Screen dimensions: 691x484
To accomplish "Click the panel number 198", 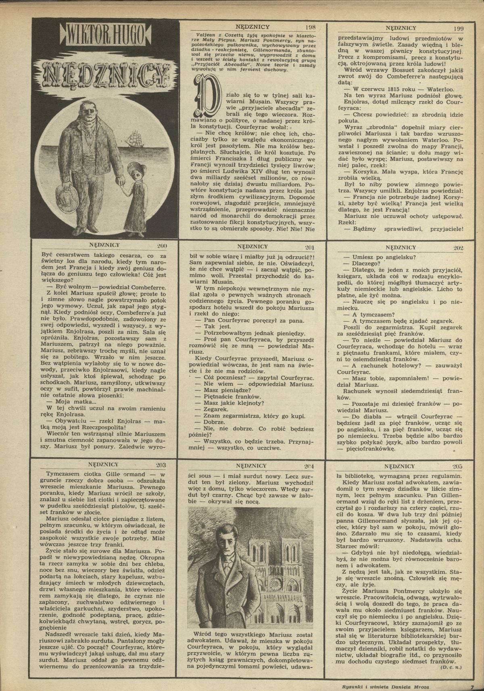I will (310, 27).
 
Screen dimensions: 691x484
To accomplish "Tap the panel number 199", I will (458, 28).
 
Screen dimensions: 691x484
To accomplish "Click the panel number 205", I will (457, 466).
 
